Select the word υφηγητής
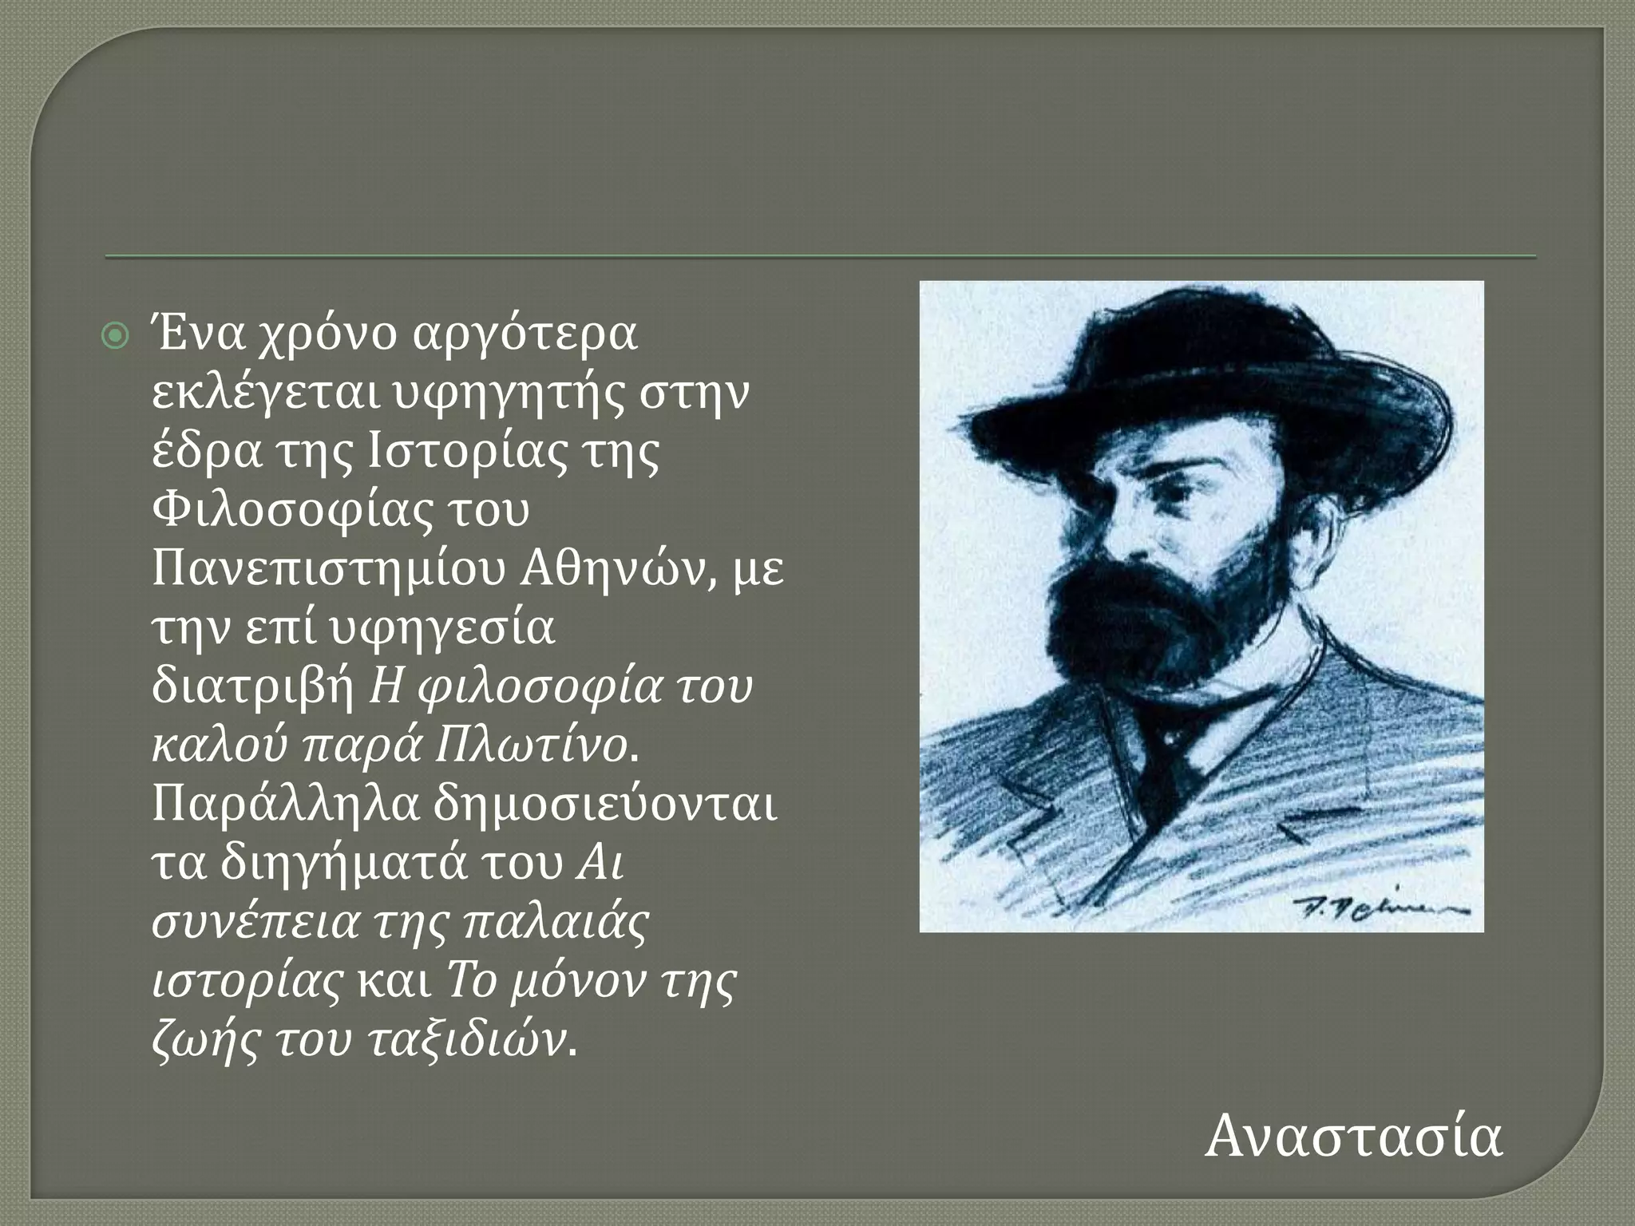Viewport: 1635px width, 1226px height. click(x=499, y=394)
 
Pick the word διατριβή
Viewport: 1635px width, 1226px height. click(x=252, y=686)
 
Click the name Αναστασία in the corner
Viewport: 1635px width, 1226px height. click(x=1354, y=1137)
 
